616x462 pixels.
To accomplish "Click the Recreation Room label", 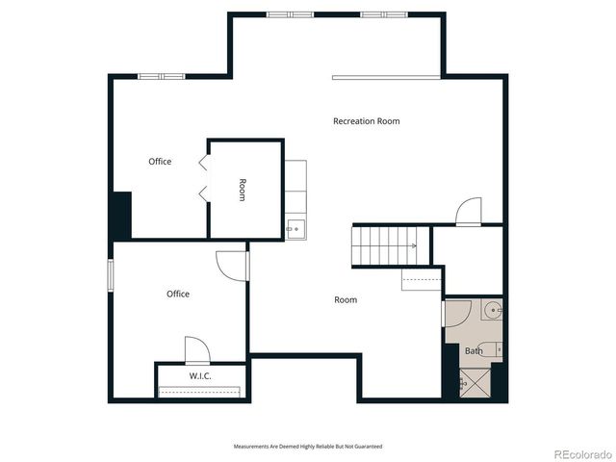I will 366,121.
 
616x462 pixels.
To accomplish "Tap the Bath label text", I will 474,351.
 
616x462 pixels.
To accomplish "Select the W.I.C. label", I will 199,374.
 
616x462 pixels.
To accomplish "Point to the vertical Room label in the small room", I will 243,190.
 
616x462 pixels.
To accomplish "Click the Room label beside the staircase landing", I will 346,300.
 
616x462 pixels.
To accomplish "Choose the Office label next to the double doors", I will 160,162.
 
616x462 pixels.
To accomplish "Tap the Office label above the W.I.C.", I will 177,294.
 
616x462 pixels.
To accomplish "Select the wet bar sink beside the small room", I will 295,229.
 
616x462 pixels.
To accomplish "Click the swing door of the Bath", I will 456,314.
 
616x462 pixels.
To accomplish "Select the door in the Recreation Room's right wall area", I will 469,212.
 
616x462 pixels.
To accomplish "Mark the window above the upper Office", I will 161,76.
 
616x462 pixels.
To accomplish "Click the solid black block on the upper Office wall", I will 121,215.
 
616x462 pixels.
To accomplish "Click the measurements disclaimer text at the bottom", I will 308,446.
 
